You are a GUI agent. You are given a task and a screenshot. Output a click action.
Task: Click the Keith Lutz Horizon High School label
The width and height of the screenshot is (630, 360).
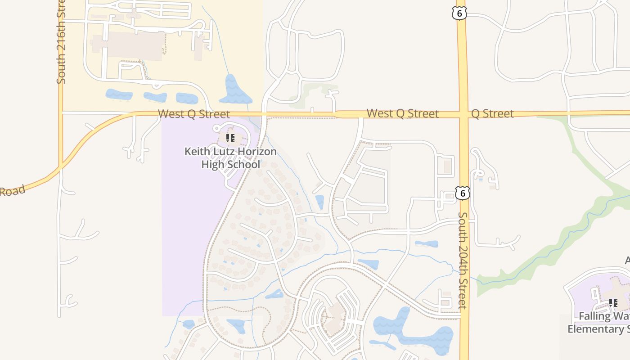230,157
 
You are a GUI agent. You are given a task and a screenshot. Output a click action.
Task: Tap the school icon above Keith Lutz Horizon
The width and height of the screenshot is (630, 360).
230,138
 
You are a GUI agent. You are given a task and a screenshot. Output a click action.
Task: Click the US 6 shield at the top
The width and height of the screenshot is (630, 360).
459,13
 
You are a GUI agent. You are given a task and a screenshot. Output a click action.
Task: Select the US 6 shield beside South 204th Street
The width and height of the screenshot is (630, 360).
462,193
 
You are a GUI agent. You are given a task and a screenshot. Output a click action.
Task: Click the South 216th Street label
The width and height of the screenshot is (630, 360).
61,43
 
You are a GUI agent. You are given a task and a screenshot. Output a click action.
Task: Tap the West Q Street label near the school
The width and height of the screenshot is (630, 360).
193,114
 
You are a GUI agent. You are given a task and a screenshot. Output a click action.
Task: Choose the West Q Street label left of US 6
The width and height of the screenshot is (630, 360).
402,113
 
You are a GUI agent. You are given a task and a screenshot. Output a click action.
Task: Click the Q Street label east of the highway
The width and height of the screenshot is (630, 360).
492,113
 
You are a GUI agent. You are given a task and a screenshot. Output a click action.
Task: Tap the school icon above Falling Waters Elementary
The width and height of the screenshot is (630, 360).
613,303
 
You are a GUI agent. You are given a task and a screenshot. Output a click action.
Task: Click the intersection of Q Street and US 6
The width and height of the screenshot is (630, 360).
463,114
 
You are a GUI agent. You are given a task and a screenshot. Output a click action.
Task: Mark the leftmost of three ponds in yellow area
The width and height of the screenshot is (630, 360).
119,94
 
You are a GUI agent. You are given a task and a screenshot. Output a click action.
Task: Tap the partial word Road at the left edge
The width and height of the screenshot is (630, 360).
12,191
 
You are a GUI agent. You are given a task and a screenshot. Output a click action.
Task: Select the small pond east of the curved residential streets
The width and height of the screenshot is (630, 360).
319,202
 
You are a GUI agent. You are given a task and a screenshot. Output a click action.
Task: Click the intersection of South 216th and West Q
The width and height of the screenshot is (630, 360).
61,112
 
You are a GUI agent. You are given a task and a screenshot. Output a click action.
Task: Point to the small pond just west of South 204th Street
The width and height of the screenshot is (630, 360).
426,244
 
